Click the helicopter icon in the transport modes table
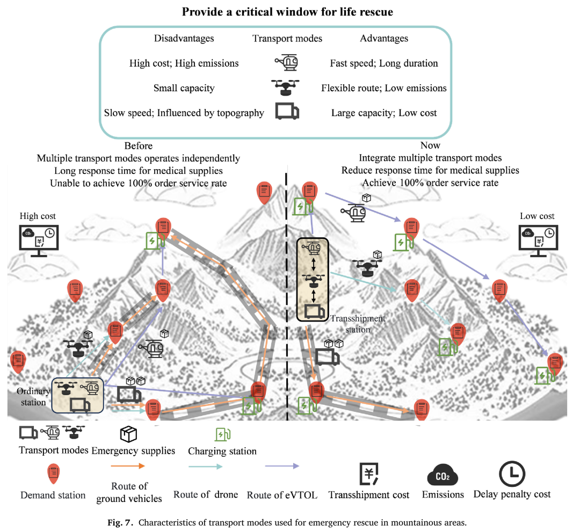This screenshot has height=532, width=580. (286, 62)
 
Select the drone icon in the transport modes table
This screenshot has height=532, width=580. (285, 88)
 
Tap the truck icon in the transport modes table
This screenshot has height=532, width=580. (287, 111)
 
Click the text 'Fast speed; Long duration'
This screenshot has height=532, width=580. (384, 63)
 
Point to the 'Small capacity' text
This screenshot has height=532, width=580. (184, 88)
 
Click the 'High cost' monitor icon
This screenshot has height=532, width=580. (39, 241)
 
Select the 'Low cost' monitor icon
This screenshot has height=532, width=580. (538, 241)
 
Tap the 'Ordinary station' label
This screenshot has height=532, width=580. (33, 397)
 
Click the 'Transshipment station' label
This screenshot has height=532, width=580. (358, 324)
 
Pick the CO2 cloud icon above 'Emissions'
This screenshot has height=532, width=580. (443, 475)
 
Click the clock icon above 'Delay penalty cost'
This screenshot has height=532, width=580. (512, 474)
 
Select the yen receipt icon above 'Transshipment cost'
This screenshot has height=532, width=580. (369, 473)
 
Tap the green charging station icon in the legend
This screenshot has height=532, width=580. (223, 434)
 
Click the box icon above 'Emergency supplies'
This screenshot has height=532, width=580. (128, 434)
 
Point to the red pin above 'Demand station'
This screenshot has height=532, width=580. (54, 473)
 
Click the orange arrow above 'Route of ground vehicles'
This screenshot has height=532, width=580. (128, 466)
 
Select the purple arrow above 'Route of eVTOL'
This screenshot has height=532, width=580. (282, 466)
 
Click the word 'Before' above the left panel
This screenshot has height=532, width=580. (139, 145)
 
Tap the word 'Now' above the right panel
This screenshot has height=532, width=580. (430, 145)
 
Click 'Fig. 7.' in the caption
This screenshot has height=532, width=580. (120, 522)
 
